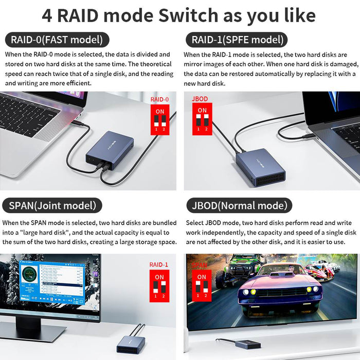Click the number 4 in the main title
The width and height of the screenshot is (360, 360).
pyautogui.click(x=47, y=15)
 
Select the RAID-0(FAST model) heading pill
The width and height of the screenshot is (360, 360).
pyautogui.click(x=57, y=40)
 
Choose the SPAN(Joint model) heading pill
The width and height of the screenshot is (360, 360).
pyautogui.click(x=52, y=206)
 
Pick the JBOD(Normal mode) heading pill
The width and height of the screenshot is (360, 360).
pyautogui.click(x=239, y=206)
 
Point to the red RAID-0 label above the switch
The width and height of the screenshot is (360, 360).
pyautogui.click(x=159, y=99)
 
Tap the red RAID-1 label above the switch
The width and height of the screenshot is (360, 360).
pyautogui.click(x=159, y=265)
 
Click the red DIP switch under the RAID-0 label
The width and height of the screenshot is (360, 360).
pyautogui.click(x=159, y=120)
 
